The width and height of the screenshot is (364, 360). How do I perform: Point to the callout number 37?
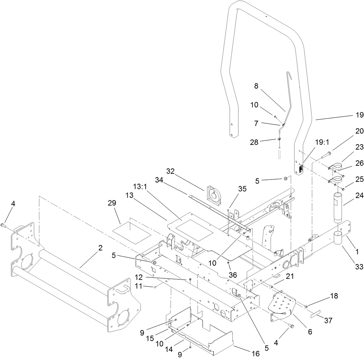click(328, 321)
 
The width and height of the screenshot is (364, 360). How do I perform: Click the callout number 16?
click(256, 353)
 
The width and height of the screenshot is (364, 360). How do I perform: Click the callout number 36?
click(233, 275)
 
